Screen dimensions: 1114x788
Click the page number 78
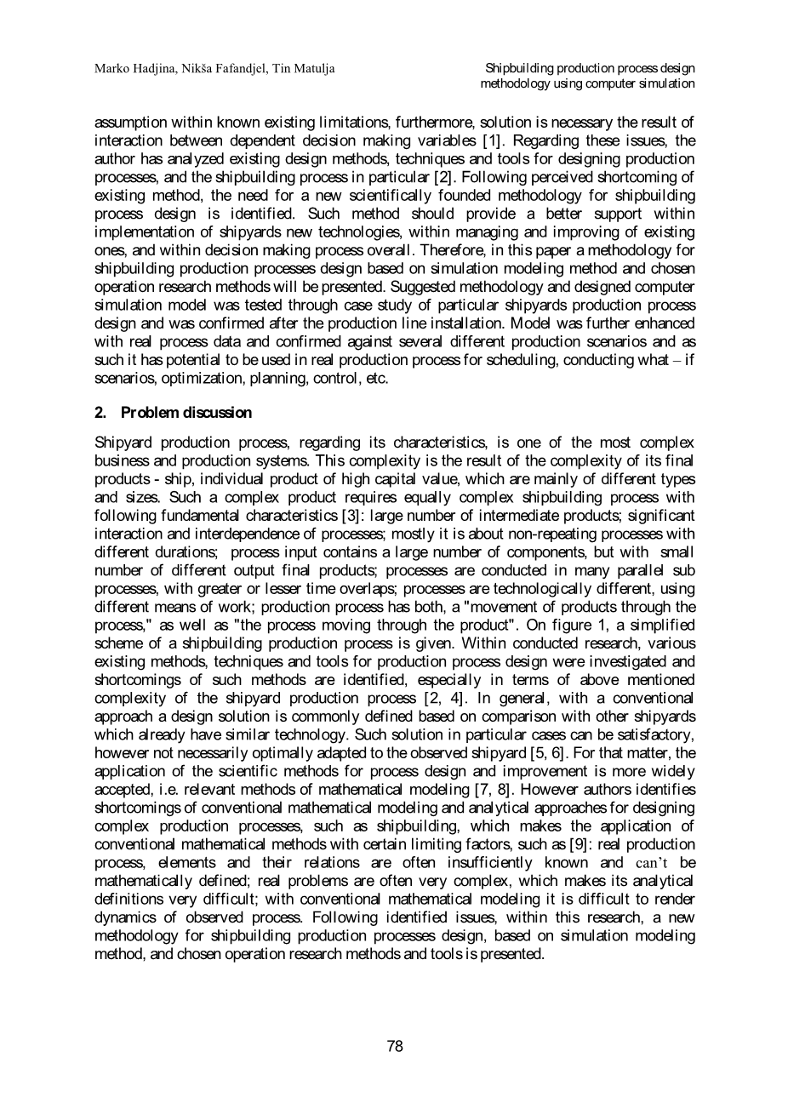coord(394,1047)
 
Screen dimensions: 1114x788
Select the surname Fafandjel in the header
coord(237,68)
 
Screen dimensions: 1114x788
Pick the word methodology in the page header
coord(511,83)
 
